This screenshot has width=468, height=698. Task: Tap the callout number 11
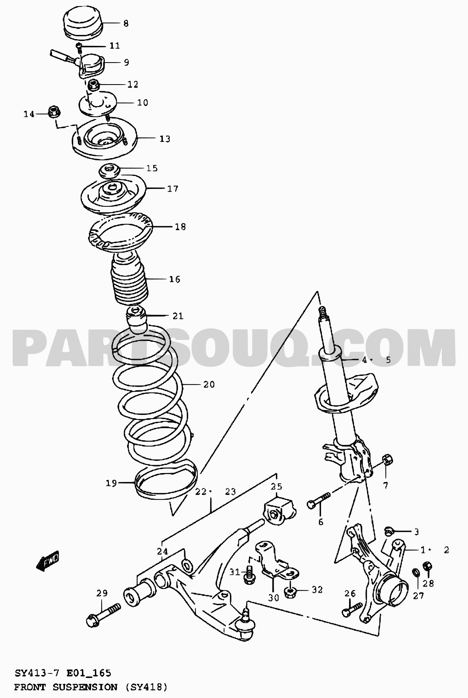tap(115, 46)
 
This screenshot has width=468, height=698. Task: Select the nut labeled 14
tap(54, 112)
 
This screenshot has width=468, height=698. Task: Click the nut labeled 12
tap(94, 85)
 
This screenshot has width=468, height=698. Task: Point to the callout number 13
tap(165, 139)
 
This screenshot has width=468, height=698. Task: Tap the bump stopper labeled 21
tap(136, 320)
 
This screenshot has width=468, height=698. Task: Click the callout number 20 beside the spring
tap(209, 384)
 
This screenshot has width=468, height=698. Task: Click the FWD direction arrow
tap(48, 560)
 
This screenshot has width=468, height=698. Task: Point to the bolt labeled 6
tap(319, 500)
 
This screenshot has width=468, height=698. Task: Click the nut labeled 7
tap(387, 460)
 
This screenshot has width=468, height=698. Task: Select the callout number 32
tap(317, 589)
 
